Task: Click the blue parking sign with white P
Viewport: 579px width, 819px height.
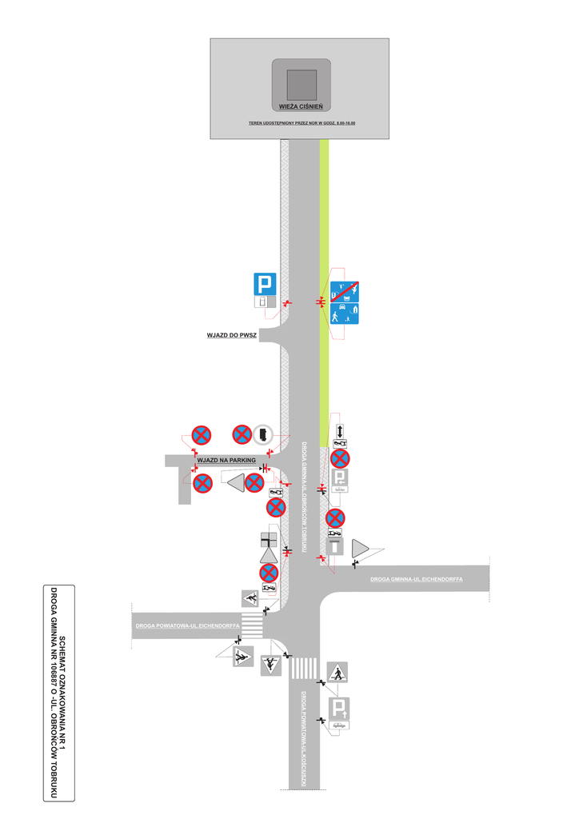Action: click(x=265, y=284)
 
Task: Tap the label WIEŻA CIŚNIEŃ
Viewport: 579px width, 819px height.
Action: click(x=301, y=106)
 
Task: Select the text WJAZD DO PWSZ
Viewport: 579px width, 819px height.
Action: click(x=231, y=336)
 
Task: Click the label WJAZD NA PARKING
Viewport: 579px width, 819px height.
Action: click(x=226, y=461)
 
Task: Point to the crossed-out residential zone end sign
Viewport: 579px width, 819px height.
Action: click(x=345, y=291)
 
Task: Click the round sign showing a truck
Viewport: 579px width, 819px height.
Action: click(x=263, y=433)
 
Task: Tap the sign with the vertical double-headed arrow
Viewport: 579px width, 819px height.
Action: click(x=341, y=429)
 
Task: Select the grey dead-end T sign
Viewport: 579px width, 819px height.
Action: click(x=336, y=547)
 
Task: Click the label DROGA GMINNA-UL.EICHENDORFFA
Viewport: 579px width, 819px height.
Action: click(x=416, y=578)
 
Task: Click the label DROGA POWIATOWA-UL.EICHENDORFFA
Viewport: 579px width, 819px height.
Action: click(x=187, y=625)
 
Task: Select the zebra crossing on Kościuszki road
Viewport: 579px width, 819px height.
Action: click(x=304, y=668)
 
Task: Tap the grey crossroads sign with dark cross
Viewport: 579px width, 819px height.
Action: click(x=270, y=540)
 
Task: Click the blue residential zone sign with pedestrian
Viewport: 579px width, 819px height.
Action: click(x=345, y=314)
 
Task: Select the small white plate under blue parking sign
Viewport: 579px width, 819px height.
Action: click(x=262, y=302)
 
